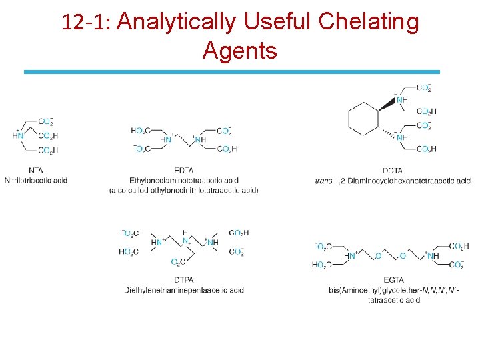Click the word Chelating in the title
pyautogui.click(x=369, y=22)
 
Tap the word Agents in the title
pyautogui.click(x=239, y=50)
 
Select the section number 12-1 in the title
pyautogui.click(x=86, y=23)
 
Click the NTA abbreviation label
pyautogui.click(x=36, y=170)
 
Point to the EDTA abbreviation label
pyautogui.click(x=183, y=171)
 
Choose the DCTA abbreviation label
pyautogui.click(x=392, y=171)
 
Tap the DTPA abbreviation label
pyautogui.click(x=183, y=280)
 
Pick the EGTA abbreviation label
pyautogui.click(x=393, y=280)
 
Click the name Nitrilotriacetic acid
pyautogui.click(x=36, y=180)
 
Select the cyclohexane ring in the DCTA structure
pyautogui.click(x=363, y=119)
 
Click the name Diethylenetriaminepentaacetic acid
pyautogui.click(x=183, y=290)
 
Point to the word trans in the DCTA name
pyautogui.click(x=324, y=181)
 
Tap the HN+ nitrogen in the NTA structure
pyautogui.click(x=18, y=135)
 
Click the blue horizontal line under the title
pyautogui.click(x=232, y=71)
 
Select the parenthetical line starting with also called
pyautogui.click(x=183, y=190)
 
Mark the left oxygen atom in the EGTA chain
pyautogui.click(x=378, y=255)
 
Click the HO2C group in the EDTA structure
pyautogui.click(x=141, y=130)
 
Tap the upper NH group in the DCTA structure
pyautogui.click(x=401, y=100)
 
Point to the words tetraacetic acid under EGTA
pyautogui.click(x=393, y=300)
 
